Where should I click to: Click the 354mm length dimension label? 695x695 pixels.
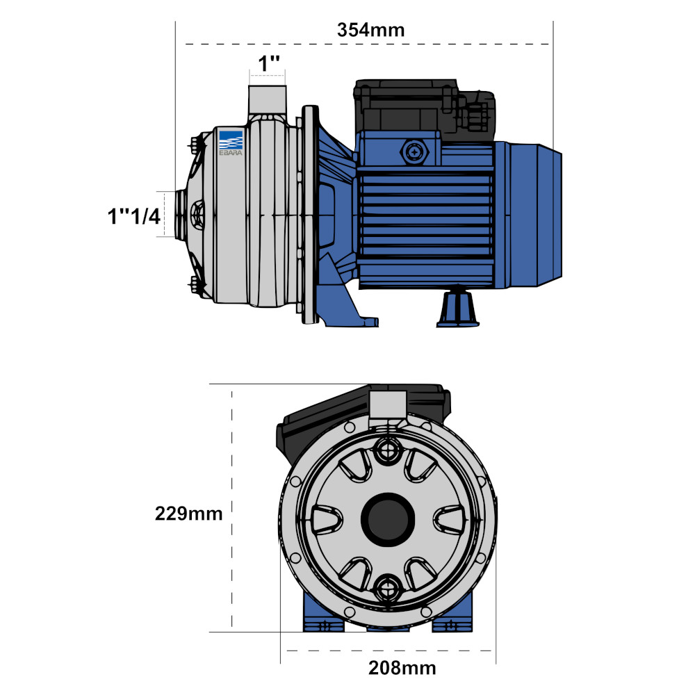(x=370, y=30)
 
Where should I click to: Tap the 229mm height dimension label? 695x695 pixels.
(x=189, y=514)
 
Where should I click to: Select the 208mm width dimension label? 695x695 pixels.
(x=402, y=667)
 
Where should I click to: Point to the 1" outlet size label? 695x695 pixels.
(x=269, y=64)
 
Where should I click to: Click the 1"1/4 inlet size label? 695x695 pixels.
(x=134, y=217)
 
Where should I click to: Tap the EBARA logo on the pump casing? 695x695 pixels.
(x=231, y=142)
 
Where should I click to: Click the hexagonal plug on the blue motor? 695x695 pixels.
(x=414, y=152)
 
